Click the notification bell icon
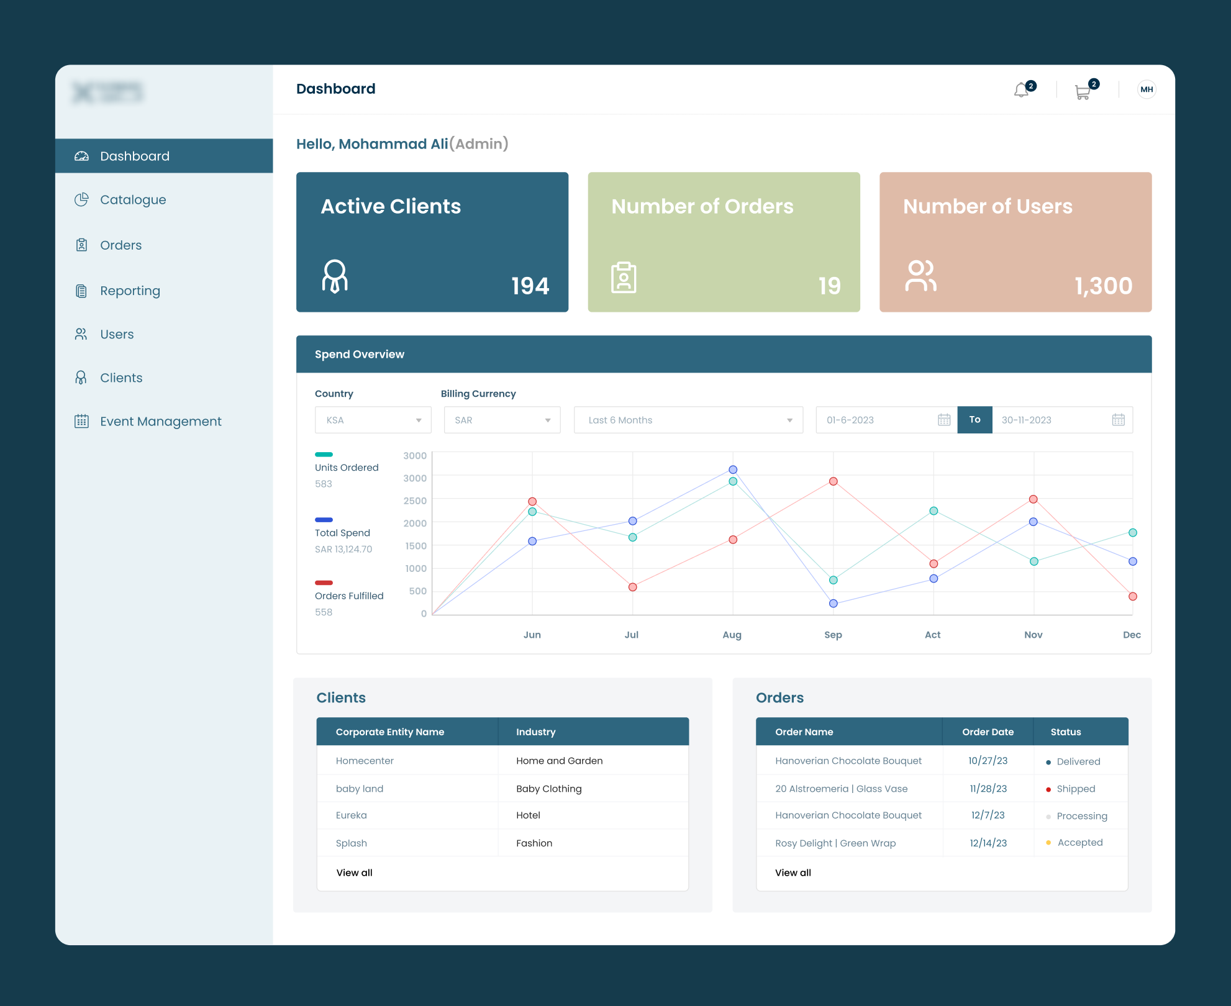point(1022,91)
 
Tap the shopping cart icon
point(1083,92)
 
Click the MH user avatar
point(1147,89)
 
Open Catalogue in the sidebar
point(132,200)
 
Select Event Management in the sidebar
point(160,422)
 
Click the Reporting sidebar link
point(130,291)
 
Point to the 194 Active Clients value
point(530,286)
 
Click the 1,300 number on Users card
point(1103,286)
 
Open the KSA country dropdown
point(373,420)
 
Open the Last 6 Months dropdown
point(688,420)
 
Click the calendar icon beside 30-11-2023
point(1118,420)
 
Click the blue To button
point(974,420)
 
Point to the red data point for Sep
point(834,481)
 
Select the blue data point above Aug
point(733,469)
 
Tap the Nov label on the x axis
point(1033,635)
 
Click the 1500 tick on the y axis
point(416,546)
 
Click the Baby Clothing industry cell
point(548,789)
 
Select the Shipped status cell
point(1075,789)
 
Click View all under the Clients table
point(354,872)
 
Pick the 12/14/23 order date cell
point(988,843)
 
